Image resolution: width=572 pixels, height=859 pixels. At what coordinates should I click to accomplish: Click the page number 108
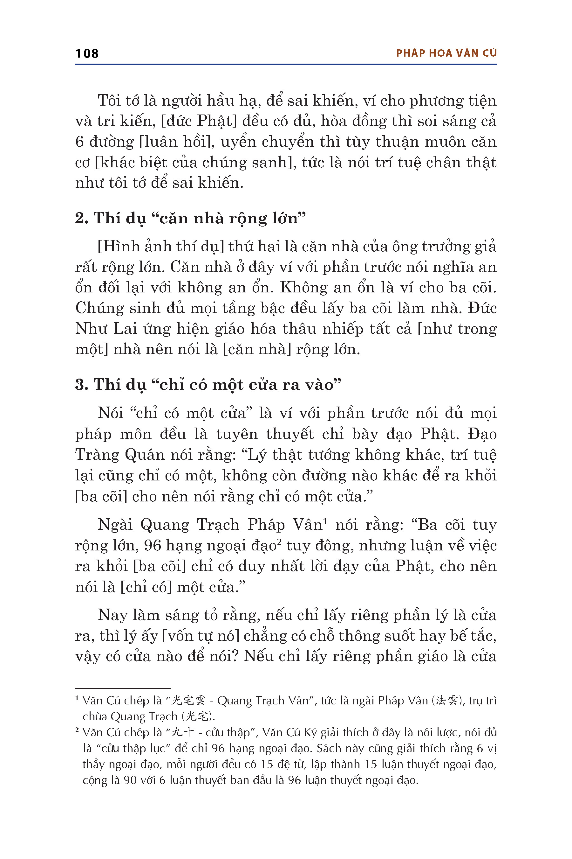[x=87, y=54]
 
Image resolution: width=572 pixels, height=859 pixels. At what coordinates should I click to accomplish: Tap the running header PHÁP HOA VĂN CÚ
[x=446, y=53]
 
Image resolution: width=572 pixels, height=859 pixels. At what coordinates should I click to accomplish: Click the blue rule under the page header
[x=286, y=65]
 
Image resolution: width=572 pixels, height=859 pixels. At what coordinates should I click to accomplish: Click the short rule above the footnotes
[x=123, y=688]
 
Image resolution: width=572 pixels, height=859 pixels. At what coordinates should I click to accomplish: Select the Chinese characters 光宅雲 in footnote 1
[x=188, y=701]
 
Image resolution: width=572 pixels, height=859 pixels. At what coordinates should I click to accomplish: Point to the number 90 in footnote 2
[x=130, y=780]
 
